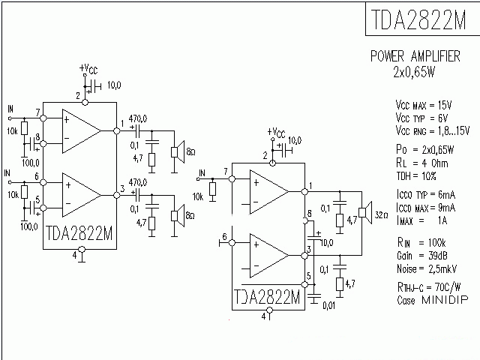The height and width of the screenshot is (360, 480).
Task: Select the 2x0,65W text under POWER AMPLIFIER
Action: coord(415,73)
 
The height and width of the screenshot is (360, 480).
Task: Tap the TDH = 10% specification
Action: coord(416,176)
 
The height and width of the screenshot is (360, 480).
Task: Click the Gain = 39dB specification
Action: coord(421,256)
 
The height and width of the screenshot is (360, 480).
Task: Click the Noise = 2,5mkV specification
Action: coord(427,268)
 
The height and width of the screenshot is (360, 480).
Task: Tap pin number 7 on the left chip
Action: coord(37,112)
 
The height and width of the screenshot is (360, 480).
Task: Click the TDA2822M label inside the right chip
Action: coord(267,296)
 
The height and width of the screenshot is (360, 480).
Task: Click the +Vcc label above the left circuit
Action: coord(88,69)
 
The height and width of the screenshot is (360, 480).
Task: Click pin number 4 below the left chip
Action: coord(74,255)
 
